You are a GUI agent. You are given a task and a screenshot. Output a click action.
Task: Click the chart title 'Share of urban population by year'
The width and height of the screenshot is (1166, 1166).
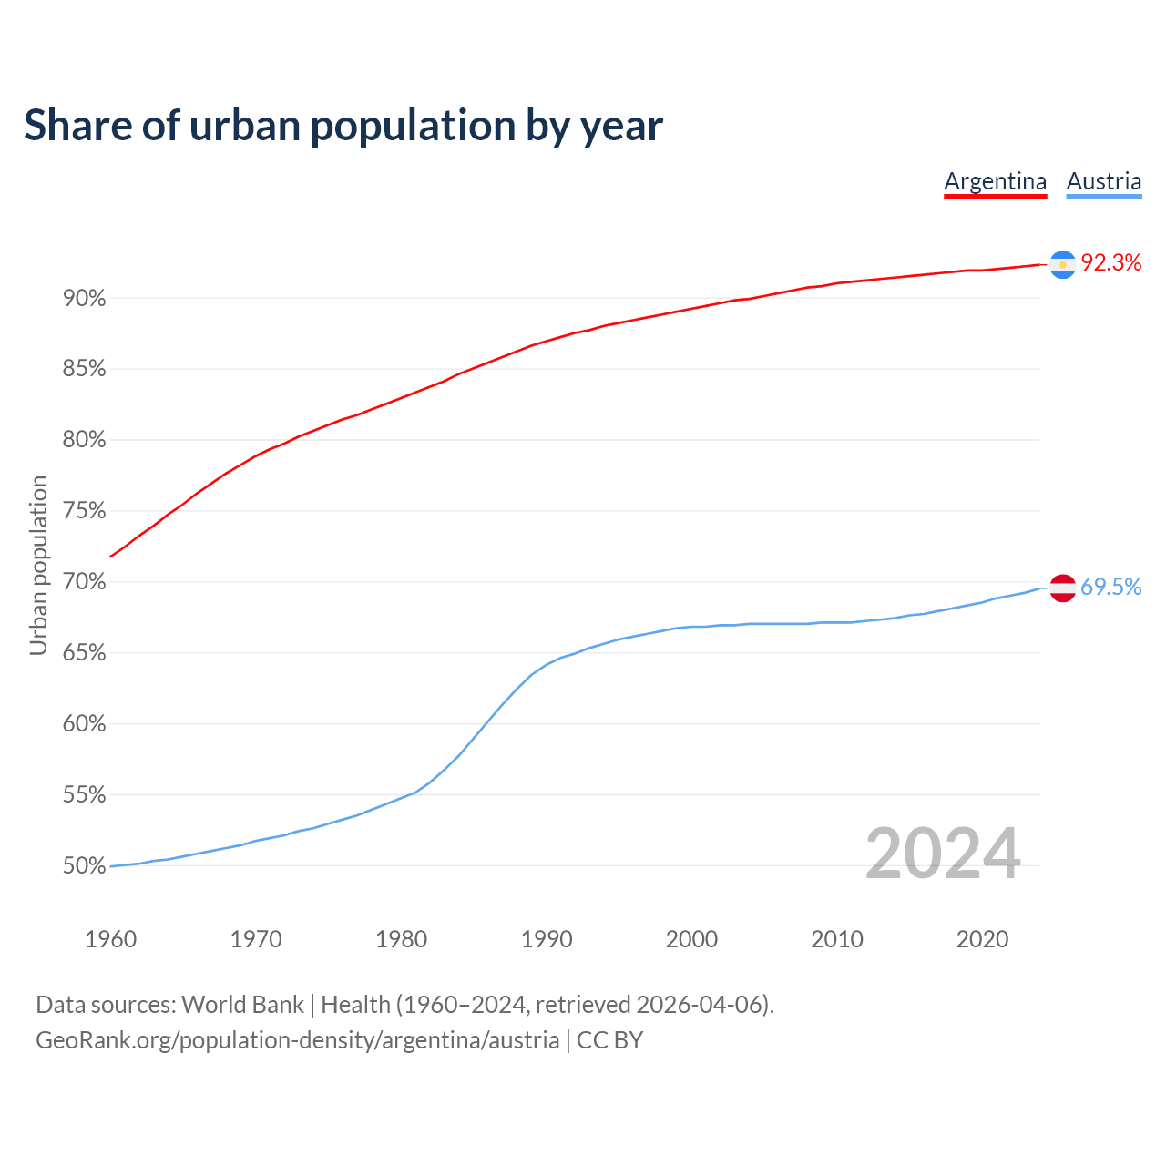point(343,126)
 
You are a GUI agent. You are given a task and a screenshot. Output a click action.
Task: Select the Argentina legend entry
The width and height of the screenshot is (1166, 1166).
point(995,181)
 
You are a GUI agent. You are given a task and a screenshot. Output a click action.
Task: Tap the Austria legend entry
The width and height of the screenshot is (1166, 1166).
point(1104,181)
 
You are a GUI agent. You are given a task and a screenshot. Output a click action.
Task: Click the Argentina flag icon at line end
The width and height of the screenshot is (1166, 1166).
point(1063,264)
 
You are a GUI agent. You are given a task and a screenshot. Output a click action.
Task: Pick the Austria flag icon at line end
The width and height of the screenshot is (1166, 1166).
point(1063,588)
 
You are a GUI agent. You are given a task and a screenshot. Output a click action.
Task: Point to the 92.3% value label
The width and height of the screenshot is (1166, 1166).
point(1111,263)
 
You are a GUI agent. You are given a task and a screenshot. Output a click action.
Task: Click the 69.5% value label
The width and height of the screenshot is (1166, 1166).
point(1111,588)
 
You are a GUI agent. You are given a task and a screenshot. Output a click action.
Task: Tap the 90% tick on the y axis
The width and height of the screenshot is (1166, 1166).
point(85,299)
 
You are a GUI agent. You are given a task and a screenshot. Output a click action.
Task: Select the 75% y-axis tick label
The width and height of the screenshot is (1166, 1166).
point(85,511)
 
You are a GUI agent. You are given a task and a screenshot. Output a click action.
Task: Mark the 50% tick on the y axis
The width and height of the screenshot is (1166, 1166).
point(85,866)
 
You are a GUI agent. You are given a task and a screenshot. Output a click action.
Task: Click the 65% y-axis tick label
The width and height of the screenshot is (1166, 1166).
point(85,653)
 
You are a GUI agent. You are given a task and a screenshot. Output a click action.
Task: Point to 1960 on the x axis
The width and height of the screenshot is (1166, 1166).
point(110,939)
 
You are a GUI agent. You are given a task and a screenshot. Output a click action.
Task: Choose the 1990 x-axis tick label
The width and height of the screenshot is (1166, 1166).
point(547,939)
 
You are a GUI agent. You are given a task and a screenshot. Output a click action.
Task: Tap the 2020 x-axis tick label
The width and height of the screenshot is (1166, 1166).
point(982,939)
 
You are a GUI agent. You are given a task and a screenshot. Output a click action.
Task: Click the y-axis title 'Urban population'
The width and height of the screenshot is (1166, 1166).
point(38,565)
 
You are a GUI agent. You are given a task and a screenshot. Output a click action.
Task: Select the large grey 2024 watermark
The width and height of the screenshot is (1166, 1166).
point(943,854)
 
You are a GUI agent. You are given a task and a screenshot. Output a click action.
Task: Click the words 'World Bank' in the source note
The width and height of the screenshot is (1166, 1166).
point(242,1005)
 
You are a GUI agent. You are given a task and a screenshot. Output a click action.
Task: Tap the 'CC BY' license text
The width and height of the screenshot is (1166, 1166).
point(609,1040)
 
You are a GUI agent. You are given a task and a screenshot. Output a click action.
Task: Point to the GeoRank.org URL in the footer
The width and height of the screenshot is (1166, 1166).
point(297,1040)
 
